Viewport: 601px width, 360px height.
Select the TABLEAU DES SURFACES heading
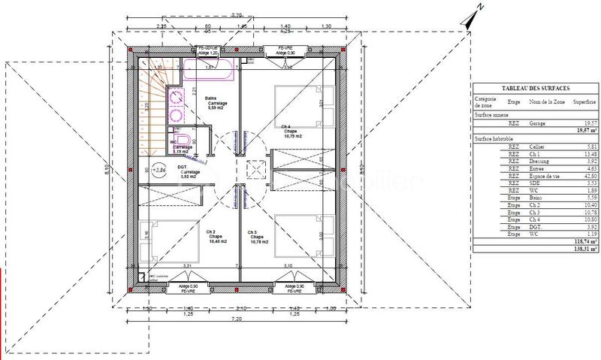pyautogui.click(x=534, y=88)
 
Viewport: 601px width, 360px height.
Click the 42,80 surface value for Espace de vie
pyautogui.click(x=585, y=174)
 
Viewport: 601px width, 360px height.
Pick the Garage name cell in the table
pyautogui.click(x=537, y=123)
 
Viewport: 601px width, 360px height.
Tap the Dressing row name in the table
pyautogui.click(x=539, y=160)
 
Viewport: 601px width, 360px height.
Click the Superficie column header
pyautogui.click(x=584, y=101)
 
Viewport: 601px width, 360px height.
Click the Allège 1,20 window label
pyautogui.click(x=208, y=54)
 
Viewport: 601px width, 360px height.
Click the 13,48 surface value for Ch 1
pyautogui.click(x=585, y=153)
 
